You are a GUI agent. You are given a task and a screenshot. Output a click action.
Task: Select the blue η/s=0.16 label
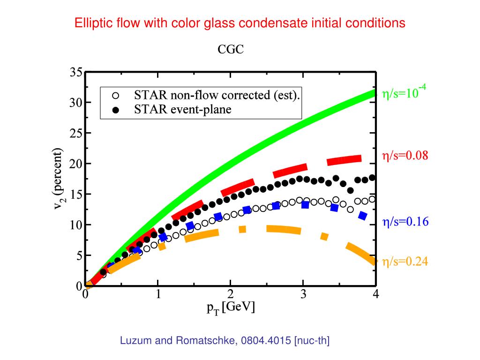tap(405, 222)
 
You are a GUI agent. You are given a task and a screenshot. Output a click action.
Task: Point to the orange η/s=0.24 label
tap(405, 262)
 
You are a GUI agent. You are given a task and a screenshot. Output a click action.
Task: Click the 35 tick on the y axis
tap(76, 73)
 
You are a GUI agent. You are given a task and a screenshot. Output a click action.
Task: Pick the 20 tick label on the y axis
tap(76, 164)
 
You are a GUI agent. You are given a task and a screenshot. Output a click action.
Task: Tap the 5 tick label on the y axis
tap(79, 256)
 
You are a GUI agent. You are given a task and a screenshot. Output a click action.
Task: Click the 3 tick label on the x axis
tap(303, 294)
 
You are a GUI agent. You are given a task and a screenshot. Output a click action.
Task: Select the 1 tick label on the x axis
tap(158, 294)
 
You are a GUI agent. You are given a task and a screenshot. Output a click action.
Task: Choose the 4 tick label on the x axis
tap(375, 294)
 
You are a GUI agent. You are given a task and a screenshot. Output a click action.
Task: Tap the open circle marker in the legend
tap(116, 96)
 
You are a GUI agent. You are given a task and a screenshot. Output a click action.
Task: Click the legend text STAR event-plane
tap(183, 110)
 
